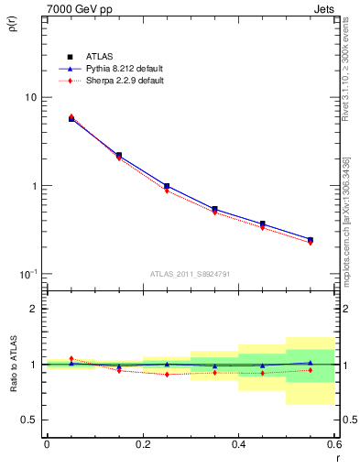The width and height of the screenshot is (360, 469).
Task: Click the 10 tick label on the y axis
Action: tap(30, 98)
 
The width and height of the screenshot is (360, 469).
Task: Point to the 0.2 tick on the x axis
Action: tap(142, 444)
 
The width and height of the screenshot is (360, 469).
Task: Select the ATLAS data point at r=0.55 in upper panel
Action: tap(311, 240)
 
